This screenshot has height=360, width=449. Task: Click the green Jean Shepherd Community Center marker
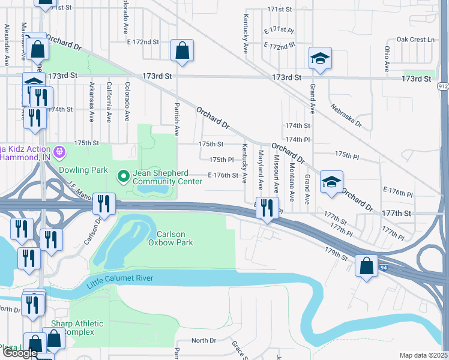click(x=123, y=176)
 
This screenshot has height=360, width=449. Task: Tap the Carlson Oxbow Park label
click(x=175, y=238)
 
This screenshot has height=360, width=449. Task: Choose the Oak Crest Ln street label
click(x=415, y=40)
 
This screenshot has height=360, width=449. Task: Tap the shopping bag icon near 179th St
click(x=366, y=266)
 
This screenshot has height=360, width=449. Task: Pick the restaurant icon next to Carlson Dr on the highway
click(x=104, y=204)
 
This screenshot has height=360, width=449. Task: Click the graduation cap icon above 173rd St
click(x=320, y=59)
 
